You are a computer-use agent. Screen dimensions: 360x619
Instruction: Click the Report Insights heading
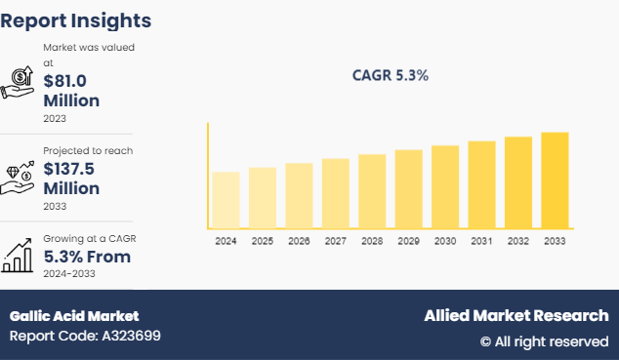click(76, 20)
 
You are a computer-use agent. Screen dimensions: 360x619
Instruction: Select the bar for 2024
click(226, 200)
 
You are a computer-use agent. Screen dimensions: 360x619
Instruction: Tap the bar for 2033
click(555, 180)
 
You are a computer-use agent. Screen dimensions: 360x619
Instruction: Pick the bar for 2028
click(372, 191)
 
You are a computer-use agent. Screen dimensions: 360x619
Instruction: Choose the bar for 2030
click(445, 186)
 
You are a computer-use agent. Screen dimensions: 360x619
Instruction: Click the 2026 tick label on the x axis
click(299, 240)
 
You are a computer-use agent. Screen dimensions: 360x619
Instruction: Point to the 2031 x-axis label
click(481, 240)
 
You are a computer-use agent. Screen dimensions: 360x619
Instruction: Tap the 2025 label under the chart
click(263, 240)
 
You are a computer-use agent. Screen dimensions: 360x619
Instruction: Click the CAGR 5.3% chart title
click(391, 75)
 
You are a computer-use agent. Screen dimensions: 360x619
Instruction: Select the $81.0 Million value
click(71, 90)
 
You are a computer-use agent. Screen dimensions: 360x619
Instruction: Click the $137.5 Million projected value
click(71, 178)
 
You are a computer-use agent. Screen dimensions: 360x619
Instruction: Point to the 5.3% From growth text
click(87, 258)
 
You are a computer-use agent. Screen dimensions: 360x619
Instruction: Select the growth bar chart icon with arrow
click(18, 256)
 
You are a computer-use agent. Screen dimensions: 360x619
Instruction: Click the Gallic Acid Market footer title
click(74, 316)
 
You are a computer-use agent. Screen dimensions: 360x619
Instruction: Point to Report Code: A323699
click(85, 337)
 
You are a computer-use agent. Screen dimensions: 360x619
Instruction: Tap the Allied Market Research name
click(516, 316)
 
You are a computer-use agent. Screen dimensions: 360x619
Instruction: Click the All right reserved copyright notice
click(544, 341)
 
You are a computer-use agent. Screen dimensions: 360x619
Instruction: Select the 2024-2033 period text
click(70, 275)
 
